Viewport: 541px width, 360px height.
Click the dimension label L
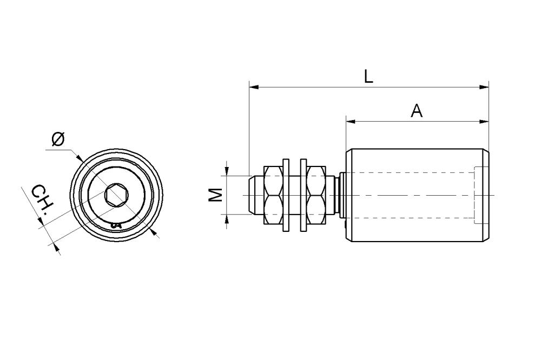[x=368, y=77]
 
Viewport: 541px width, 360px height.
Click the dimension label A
[x=417, y=111]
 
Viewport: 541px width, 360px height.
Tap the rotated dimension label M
[x=216, y=195]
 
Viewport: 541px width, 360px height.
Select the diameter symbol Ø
[x=58, y=139]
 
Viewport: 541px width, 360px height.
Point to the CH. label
[x=43, y=202]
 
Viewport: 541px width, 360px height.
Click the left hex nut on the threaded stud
[x=273, y=195]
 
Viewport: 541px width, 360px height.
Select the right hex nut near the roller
[x=316, y=195]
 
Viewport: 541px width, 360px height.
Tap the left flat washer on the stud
[x=286, y=195]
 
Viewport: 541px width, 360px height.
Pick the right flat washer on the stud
[x=304, y=195]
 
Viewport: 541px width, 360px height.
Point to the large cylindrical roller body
[x=418, y=195]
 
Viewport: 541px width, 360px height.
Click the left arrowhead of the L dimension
[x=254, y=87]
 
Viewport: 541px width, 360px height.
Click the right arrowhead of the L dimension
[x=484, y=87]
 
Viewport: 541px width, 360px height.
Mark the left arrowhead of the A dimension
[x=351, y=121]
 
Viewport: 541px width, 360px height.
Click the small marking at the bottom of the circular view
[x=116, y=225]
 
